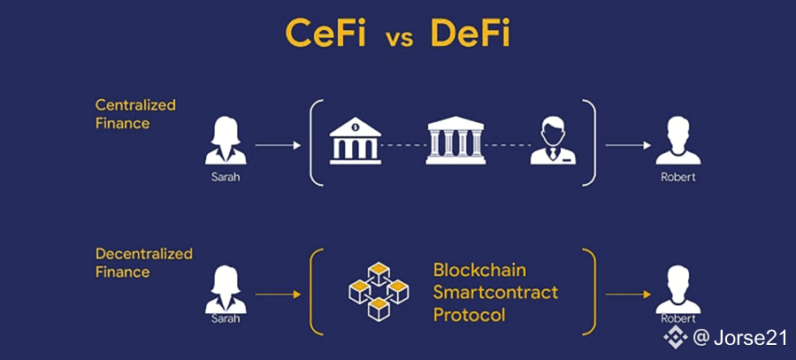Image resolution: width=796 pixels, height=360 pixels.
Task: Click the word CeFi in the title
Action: click(x=325, y=35)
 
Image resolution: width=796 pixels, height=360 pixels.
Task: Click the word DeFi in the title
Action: click(x=470, y=35)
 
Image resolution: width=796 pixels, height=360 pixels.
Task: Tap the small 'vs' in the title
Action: click(x=398, y=40)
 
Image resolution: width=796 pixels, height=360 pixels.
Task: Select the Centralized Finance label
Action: click(x=135, y=114)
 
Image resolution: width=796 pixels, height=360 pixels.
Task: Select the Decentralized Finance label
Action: click(x=144, y=263)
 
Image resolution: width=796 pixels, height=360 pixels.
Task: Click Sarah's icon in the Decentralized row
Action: click(x=226, y=289)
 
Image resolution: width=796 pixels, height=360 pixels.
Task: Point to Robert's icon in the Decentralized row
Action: click(x=677, y=289)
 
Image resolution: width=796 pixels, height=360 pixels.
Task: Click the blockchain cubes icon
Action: click(x=379, y=292)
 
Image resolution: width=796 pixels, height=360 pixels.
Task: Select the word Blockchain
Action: click(x=479, y=270)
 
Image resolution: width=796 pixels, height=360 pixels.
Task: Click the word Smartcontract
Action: click(x=495, y=293)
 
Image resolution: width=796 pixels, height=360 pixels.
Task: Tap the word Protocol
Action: click(x=469, y=315)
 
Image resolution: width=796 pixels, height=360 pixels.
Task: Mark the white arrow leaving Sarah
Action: click(x=279, y=146)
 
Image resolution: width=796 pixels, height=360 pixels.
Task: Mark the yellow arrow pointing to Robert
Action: click(x=629, y=295)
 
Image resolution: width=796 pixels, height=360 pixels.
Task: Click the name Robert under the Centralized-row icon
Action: click(x=678, y=178)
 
